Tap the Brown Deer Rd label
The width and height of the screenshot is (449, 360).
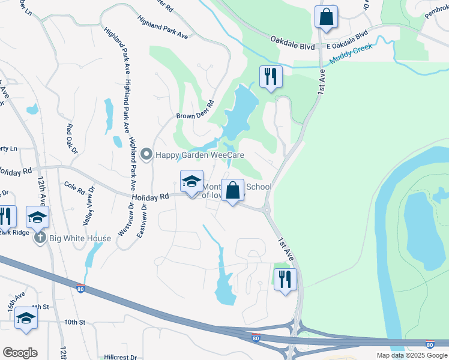coord(195,110)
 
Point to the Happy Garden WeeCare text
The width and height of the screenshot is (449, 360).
coord(200,155)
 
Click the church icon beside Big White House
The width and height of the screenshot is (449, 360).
coord(40,238)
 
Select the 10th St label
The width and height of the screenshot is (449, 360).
coord(75,322)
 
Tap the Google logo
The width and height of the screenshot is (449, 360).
coord(20,353)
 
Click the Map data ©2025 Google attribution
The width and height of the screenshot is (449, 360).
coord(411,355)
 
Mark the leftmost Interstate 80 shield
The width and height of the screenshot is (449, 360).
coord(80,289)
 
